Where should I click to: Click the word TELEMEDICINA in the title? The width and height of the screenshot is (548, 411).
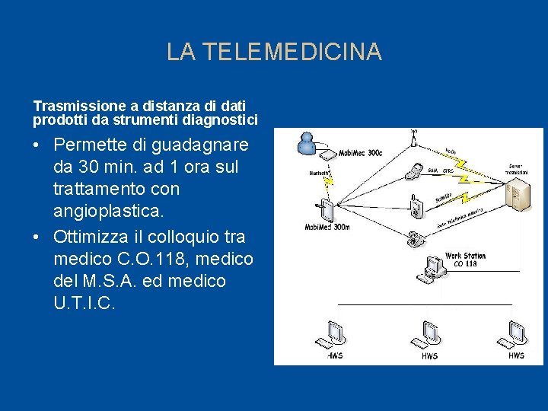coord(292,52)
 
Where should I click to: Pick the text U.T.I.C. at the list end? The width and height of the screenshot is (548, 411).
coord(85,303)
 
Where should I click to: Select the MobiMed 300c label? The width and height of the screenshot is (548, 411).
coord(361,153)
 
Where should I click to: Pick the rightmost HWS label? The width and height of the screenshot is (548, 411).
coord(516,355)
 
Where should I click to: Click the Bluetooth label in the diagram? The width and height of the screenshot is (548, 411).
coord(320,173)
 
